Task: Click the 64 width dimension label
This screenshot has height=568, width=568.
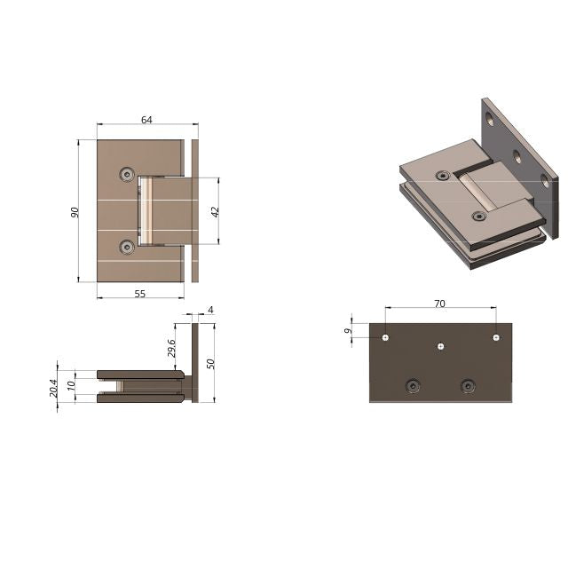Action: [x=146, y=120]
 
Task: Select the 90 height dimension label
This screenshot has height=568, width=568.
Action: [x=75, y=211]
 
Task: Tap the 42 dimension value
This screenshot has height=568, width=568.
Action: [x=215, y=211]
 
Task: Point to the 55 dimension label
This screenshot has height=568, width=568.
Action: [x=140, y=294]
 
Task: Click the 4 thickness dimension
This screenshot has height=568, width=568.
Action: [x=210, y=310]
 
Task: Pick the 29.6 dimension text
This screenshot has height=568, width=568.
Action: [x=172, y=347]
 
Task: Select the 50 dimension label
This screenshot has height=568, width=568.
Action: [x=211, y=363]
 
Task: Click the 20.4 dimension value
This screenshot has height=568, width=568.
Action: [x=52, y=387]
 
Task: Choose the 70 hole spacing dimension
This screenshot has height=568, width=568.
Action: [x=439, y=304]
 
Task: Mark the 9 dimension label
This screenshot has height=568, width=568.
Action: [x=349, y=331]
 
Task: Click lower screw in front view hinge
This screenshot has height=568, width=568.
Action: [x=128, y=246]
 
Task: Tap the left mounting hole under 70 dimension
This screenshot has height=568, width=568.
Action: [x=385, y=337]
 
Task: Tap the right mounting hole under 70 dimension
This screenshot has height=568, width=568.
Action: [x=495, y=337]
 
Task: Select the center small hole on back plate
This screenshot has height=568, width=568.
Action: [x=440, y=346]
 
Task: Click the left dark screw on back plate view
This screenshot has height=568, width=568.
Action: [x=412, y=385]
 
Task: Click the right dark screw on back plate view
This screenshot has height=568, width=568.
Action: [x=468, y=385]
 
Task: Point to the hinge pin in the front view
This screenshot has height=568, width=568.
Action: [x=148, y=211]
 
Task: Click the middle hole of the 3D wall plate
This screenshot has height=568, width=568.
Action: [x=516, y=155]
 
